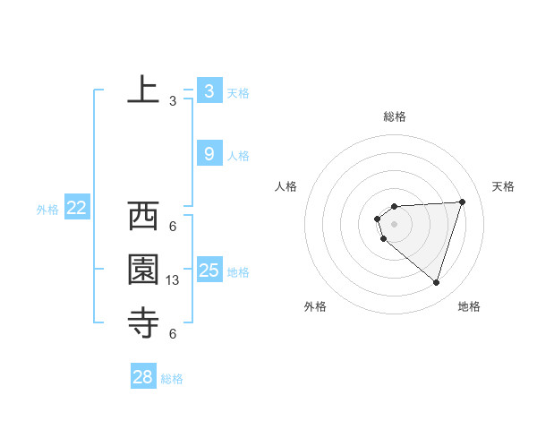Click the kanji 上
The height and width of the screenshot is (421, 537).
(143, 90)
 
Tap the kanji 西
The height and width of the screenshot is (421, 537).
(143, 216)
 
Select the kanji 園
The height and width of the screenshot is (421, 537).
(143, 270)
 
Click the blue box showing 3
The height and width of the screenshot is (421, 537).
(209, 90)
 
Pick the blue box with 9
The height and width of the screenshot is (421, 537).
(209, 154)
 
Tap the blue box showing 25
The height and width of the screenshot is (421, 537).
(209, 270)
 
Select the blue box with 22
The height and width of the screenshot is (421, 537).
(76, 209)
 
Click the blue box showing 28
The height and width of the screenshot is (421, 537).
(142, 377)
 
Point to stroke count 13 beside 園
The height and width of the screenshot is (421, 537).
(173, 280)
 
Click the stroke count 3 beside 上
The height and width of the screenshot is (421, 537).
(173, 101)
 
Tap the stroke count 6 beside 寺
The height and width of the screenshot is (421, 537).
(173, 334)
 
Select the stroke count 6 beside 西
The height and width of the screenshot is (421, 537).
(173, 227)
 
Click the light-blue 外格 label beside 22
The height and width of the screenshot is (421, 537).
(47, 210)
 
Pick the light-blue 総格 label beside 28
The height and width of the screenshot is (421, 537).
(172, 379)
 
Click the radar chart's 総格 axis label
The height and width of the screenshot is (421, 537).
(394, 116)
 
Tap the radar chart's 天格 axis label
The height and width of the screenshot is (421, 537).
(503, 186)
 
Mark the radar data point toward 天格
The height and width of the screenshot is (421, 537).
(462, 202)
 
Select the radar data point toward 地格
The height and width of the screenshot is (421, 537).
(436, 282)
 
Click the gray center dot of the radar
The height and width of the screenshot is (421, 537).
(394, 223)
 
